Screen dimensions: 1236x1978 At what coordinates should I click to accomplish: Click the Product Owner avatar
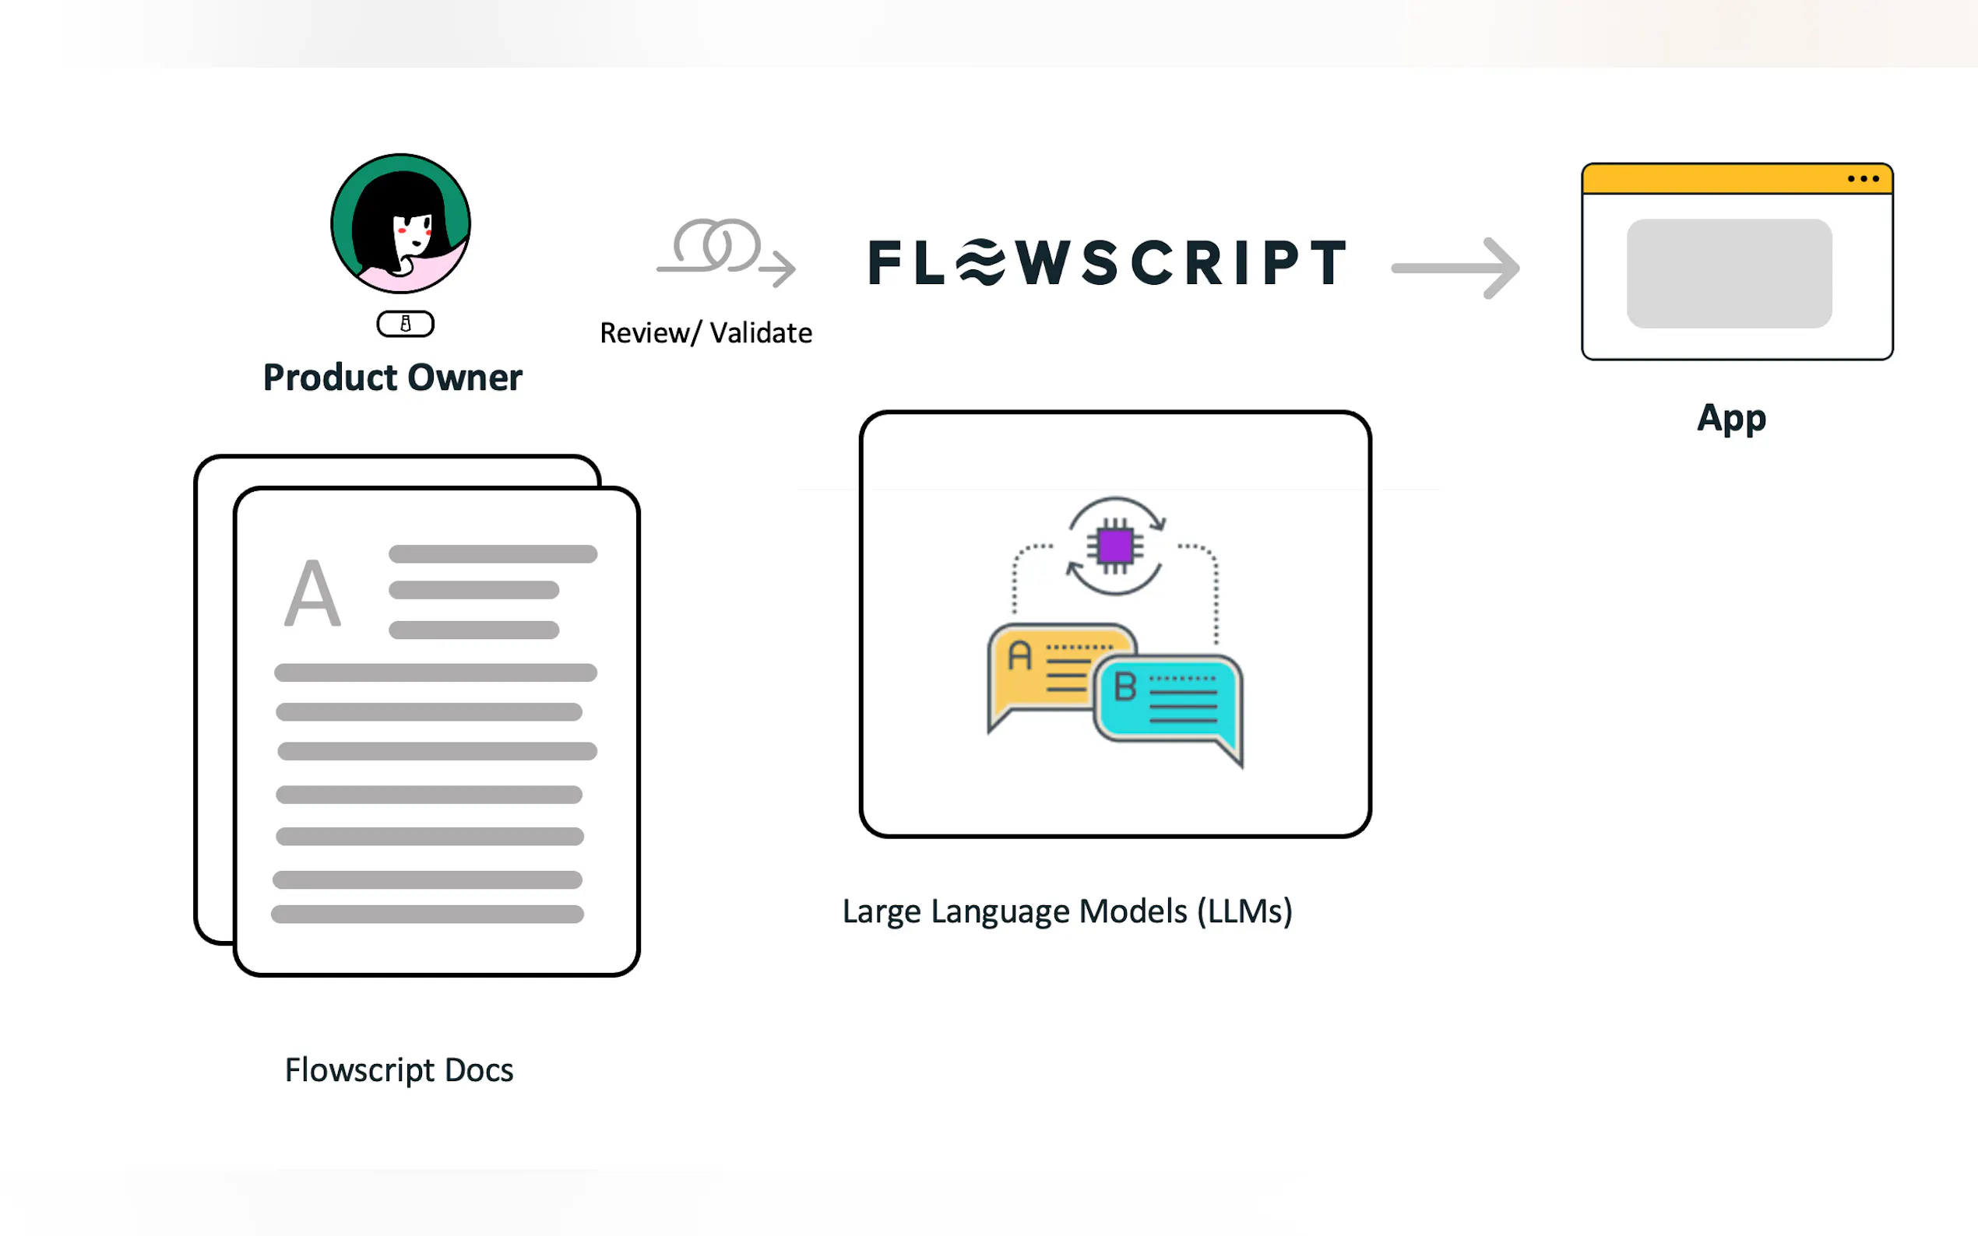coord(401,223)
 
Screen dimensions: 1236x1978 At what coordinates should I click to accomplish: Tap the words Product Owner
coord(392,377)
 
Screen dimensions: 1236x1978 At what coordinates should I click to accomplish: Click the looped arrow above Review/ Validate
coord(726,249)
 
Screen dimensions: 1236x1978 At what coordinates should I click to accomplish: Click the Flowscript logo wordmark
coord(1108,263)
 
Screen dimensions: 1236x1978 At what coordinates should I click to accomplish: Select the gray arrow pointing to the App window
coord(1455,267)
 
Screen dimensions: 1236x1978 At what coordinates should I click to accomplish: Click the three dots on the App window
coord(1863,179)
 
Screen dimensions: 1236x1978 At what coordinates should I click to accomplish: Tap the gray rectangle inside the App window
coord(1729,273)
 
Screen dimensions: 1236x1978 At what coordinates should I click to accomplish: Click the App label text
coord(1731,419)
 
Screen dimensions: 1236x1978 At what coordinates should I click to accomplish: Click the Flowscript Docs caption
coord(399,1070)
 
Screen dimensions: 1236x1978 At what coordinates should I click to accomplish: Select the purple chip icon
coord(1115,546)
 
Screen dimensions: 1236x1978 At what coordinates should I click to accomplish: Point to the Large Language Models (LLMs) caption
coord(1067,911)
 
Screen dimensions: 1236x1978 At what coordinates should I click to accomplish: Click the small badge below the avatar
coord(405,324)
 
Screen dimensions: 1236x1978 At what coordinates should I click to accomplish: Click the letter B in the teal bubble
coord(1125,686)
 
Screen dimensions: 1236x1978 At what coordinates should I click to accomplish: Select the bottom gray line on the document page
coord(427,914)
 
